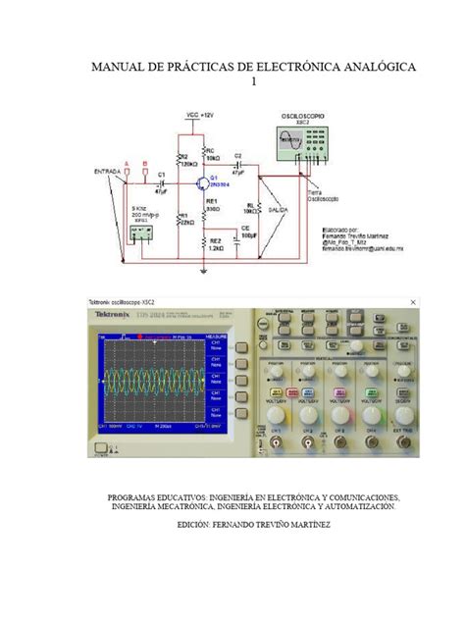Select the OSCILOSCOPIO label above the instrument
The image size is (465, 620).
click(x=303, y=116)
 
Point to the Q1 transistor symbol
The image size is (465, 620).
click(x=202, y=182)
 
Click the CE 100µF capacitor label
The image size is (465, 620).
click(x=248, y=232)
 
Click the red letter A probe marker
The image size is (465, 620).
click(x=125, y=164)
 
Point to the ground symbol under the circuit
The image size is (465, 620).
click(x=203, y=270)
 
